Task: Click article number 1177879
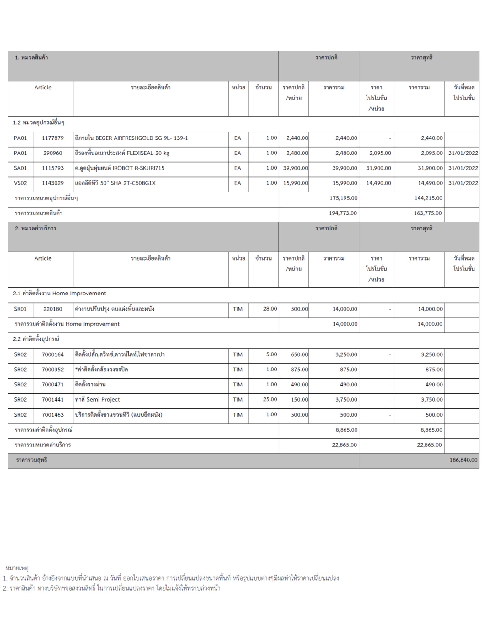tap(53, 138)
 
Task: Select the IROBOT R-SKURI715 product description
tap(120, 168)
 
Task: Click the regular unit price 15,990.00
tap(295, 183)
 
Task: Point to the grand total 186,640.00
tap(463, 460)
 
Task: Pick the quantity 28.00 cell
tap(270, 309)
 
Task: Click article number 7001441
tap(53, 400)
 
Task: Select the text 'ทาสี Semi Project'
tap(97, 400)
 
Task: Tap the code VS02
tap(20, 183)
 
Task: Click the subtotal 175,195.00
tap(343, 198)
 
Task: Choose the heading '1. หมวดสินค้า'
tap(31, 58)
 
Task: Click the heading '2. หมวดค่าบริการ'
tap(35, 229)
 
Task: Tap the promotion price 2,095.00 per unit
tap(380, 153)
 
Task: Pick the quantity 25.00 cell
tap(270, 400)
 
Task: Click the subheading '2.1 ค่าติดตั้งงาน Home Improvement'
tap(60, 294)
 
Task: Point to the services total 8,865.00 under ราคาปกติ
tap(346, 430)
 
